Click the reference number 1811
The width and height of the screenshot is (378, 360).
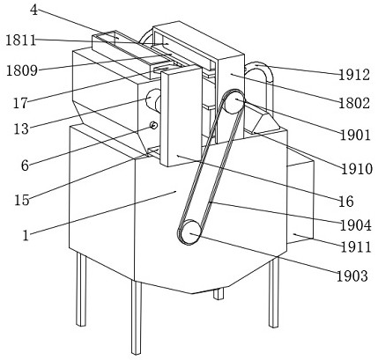point(21,40)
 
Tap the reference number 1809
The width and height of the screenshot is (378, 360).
point(22,70)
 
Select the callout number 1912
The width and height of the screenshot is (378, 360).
point(354,75)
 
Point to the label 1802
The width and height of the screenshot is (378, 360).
point(354,103)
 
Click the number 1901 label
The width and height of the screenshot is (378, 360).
point(356,135)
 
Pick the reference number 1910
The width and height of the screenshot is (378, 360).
point(357,169)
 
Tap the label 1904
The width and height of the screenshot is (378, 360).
point(356,225)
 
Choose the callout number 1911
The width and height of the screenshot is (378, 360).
point(356,247)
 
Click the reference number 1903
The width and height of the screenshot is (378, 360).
point(352,276)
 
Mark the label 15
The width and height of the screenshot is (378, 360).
point(22,200)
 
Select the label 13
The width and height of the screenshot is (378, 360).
point(21,129)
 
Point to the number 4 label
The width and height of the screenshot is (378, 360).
point(34,11)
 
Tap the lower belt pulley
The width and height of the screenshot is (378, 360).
point(189,232)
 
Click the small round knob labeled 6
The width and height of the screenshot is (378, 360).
point(154,126)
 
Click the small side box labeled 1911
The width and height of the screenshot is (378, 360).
point(300,202)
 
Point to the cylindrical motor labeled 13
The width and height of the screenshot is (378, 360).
point(153,99)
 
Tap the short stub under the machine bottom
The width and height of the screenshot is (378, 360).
point(219,293)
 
